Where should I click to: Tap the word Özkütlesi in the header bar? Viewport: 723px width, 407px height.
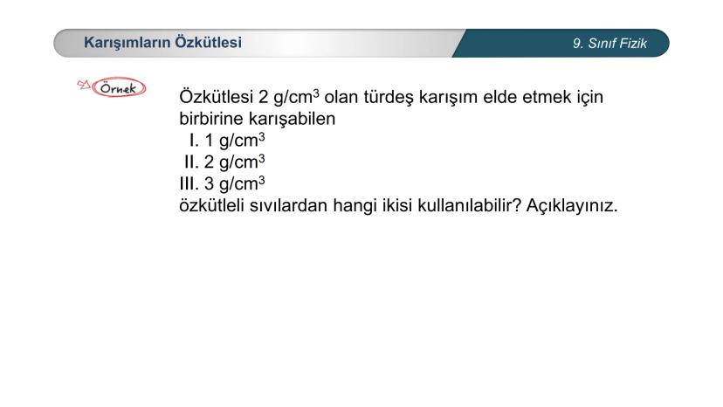[x=209, y=42]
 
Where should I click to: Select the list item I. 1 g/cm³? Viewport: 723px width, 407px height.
[x=226, y=141]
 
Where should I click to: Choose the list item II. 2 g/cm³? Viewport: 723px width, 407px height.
[x=224, y=162]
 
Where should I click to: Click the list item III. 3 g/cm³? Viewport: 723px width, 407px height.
[x=221, y=184]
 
